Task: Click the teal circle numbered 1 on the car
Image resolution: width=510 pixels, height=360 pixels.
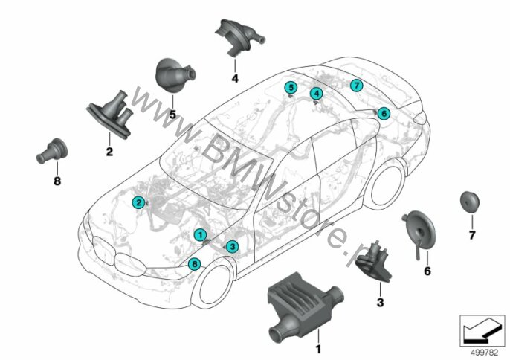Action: click(x=200, y=235)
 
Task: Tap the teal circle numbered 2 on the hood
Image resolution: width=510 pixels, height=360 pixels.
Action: click(x=138, y=202)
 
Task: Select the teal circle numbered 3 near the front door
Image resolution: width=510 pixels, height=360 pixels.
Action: click(x=232, y=247)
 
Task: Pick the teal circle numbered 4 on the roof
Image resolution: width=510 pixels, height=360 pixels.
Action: click(x=317, y=94)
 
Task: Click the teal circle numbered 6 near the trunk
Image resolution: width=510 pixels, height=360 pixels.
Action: click(x=384, y=113)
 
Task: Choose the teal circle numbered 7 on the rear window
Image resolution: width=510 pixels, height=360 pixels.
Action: click(x=357, y=86)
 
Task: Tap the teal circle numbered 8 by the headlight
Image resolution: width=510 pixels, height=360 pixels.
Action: click(x=195, y=263)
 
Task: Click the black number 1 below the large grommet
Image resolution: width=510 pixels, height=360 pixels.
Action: click(x=318, y=350)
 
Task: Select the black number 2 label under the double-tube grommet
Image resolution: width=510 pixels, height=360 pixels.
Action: click(x=109, y=151)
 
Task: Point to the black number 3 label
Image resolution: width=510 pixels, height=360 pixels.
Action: click(x=380, y=303)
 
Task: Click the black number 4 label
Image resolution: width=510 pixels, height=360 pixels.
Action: click(x=235, y=78)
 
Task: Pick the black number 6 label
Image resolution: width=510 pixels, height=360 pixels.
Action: click(x=427, y=271)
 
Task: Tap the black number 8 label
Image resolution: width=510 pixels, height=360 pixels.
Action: click(x=57, y=181)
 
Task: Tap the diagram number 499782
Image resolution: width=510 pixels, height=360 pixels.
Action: click(x=484, y=353)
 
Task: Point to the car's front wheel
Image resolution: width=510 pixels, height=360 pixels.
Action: click(x=213, y=285)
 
